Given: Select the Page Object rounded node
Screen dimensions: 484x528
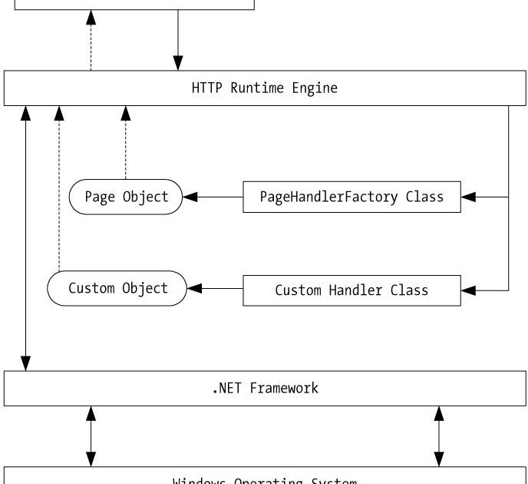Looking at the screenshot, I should coord(127,197).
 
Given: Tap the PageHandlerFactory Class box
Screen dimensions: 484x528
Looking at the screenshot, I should coord(352,197).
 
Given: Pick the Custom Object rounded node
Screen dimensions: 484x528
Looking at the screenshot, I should coord(117,289).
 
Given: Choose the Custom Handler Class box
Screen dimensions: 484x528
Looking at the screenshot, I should coord(352,290).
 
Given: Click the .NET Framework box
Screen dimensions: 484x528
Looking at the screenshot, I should coord(264,388).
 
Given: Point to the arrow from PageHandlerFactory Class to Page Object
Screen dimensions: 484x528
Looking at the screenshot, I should coord(213,197).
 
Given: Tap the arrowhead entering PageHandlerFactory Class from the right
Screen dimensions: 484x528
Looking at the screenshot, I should coord(469,197).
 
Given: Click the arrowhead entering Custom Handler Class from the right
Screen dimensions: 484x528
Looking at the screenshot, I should coord(469,290).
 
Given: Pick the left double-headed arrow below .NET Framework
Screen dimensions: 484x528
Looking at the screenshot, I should coord(91,436).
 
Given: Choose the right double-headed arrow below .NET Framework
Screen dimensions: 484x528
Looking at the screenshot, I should coord(439,436).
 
